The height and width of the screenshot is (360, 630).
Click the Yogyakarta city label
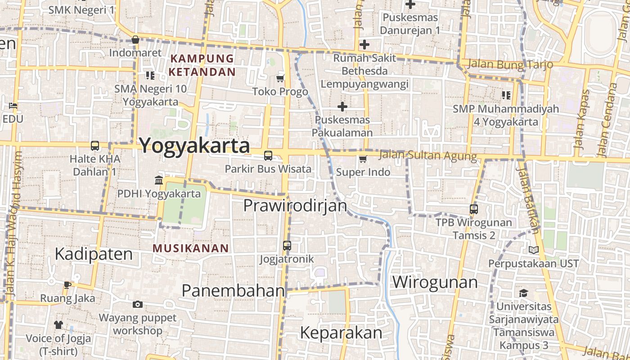point(194,146)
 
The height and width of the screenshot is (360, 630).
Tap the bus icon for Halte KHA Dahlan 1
point(95,146)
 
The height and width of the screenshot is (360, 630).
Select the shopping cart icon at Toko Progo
point(280,79)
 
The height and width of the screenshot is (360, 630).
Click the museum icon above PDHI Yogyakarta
point(158,180)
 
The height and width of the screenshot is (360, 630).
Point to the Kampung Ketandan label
point(202,65)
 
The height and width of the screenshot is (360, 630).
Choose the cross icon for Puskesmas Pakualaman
point(342,107)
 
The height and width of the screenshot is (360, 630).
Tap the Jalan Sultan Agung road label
point(427,156)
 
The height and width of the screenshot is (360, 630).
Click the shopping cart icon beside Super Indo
point(363,159)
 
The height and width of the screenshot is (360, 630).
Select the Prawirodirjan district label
point(295,206)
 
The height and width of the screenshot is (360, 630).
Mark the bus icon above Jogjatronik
point(287,246)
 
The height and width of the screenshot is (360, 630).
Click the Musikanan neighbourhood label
point(191,248)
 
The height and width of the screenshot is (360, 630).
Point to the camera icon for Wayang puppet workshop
point(138,305)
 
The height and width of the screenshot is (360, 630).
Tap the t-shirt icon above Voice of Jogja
point(58,324)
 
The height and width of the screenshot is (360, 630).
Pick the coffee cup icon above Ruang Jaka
point(67,284)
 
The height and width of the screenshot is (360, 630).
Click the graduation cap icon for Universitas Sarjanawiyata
point(523,293)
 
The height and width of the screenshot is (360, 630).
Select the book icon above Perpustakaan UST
point(534,250)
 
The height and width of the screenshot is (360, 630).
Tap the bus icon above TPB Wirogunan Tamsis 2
point(473,209)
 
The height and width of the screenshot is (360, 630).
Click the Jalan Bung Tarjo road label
point(510,64)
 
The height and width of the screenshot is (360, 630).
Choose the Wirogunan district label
point(435,282)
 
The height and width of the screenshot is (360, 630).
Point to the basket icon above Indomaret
point(135,40)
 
